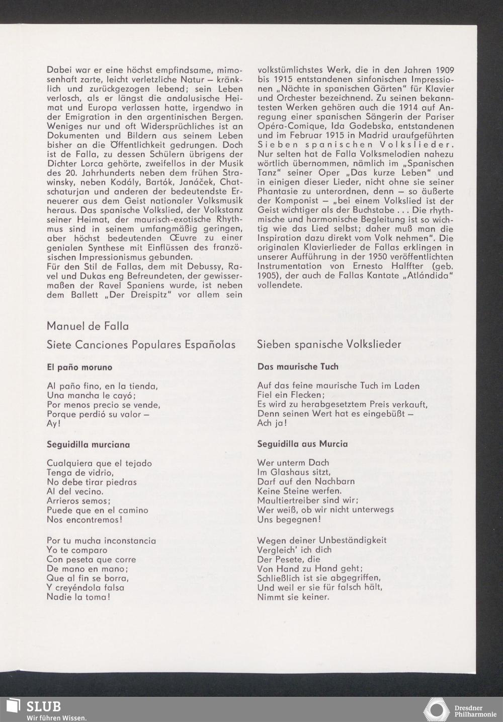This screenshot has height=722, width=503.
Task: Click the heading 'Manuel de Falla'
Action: (x=88, y=326)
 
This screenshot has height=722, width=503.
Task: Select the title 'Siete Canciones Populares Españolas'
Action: (x=141, y=345)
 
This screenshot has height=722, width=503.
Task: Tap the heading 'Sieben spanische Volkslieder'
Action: (x=329, y=344)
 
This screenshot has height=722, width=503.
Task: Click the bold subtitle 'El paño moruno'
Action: (x=79, y=367)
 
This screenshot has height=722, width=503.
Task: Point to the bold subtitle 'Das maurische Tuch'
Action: (x=298, y=367)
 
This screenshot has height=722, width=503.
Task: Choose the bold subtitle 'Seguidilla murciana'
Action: (x=88, y=445)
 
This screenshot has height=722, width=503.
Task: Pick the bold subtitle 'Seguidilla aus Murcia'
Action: (x=302, y=444)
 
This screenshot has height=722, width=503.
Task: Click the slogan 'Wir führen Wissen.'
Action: (x=56, y=717)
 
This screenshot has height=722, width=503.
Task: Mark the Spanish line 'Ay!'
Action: (x=53, y=424)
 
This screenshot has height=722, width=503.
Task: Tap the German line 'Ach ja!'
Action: (x=272, y=423)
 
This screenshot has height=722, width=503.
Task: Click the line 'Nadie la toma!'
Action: (x=78, y=597)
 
